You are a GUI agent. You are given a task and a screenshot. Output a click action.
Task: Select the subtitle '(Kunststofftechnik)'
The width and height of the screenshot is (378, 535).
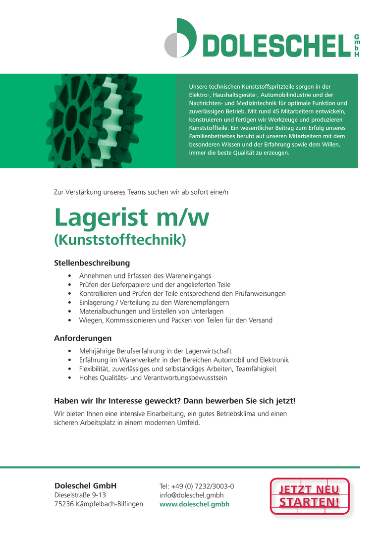(x=119, y=241)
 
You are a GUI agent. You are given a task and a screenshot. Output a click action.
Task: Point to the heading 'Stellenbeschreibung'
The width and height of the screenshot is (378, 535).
(x=92, y=263)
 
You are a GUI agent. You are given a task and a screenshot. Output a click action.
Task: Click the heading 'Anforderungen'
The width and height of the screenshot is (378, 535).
(x=83, y=338)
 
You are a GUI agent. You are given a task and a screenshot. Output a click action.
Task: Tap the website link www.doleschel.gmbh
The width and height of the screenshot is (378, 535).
(x=194, y=504)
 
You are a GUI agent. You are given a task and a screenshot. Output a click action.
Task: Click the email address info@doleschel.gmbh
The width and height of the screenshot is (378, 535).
(x=191, y=495)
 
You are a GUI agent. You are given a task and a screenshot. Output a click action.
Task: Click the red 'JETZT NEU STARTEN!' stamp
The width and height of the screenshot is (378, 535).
(x=310, y=496)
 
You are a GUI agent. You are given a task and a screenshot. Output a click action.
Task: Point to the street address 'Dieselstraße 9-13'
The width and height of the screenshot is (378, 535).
(x=80, y=495)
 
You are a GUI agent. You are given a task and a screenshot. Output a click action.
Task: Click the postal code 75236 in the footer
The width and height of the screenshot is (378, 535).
(x=63, y=504)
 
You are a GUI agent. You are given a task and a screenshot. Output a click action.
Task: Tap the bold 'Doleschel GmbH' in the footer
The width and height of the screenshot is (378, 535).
(x=85, y=485)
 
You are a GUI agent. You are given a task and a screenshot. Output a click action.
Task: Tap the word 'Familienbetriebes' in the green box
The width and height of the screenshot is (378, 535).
(x=211, y=136)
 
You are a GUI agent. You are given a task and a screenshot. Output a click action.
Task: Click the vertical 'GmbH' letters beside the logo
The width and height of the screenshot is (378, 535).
(x=356, y=46)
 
